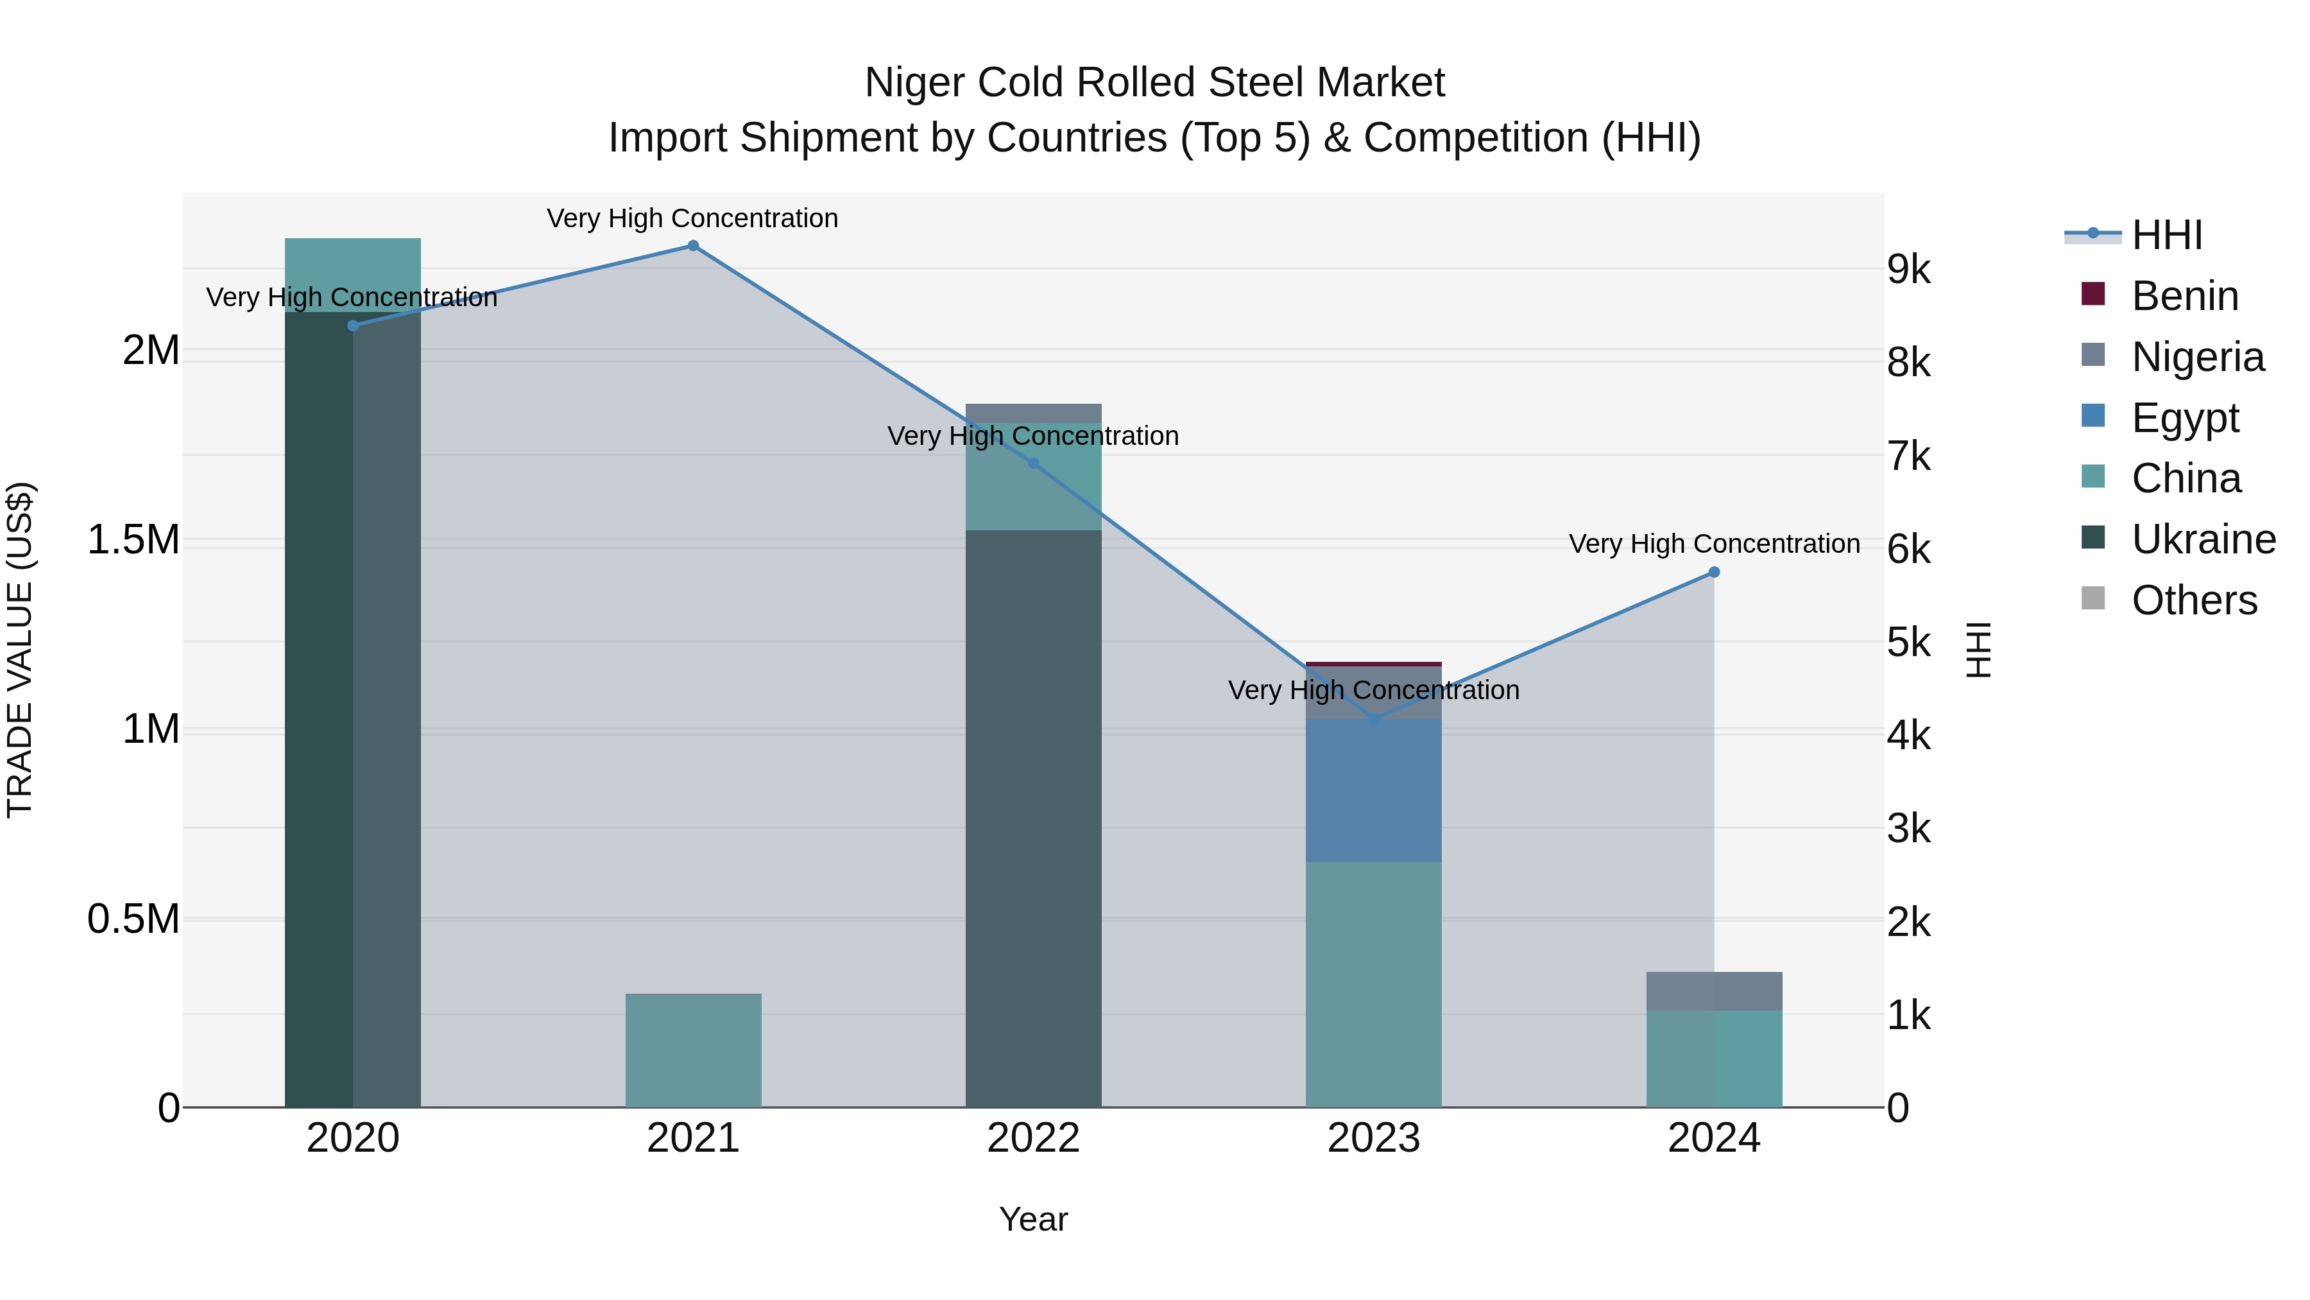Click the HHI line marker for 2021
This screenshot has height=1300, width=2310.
click(x=693, y=246)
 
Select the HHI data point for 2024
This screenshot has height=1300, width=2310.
click(x=1714, y=573)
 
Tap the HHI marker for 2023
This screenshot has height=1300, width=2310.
click(x=1374, y=720)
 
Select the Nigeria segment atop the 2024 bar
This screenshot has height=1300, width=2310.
click(x=1714, y=991)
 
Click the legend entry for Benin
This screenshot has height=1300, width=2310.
click(x=2184, y=296)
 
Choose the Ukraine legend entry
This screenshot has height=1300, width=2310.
click(x=2202, y=540)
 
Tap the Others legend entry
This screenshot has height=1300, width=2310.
click(x=2193, y=600)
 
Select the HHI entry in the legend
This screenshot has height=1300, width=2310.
click(x=2166, y=235)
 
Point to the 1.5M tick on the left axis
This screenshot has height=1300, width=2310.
click(x=133, y=540)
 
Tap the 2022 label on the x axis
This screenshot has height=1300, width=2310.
click(x=1033, y=1138)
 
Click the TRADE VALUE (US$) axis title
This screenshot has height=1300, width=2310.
click(x=20, y=650)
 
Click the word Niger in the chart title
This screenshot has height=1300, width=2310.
click(x=914, y=83)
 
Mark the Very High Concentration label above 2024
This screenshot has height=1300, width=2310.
click(x=1714, y=544)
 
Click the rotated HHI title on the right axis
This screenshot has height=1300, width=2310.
click(x=1978, y=650)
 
